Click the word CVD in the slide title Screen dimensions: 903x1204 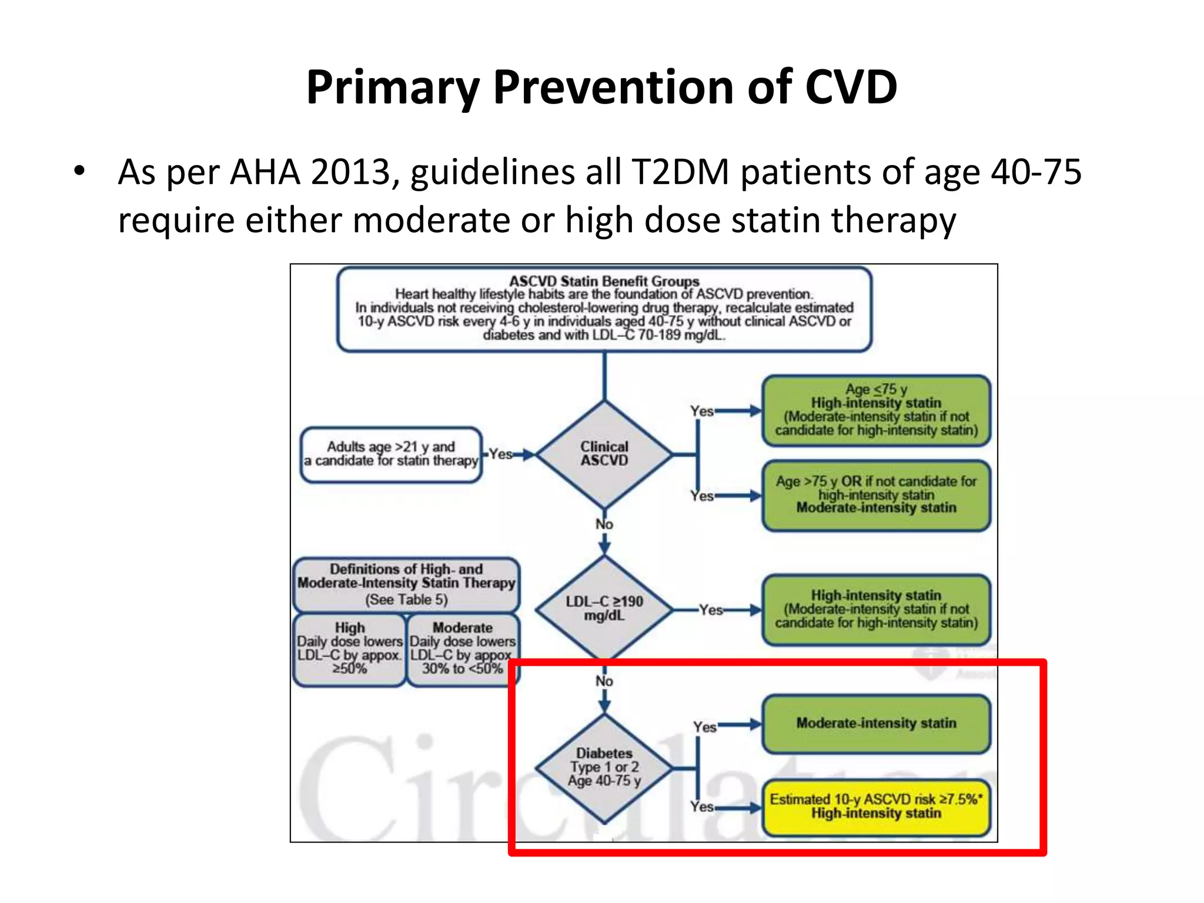pos(851,87)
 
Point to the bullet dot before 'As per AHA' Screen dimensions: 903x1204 pos(79,172)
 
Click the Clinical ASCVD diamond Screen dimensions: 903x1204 pos(604,454)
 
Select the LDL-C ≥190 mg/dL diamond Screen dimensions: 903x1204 pos(604,608)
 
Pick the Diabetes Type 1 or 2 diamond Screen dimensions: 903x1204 pos(604,767)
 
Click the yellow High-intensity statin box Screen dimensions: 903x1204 pos(876,807)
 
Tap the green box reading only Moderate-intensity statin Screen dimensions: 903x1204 pos(876,723)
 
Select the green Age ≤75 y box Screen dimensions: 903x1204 pos(876,410)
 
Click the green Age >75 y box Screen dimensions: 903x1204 pos(876,494)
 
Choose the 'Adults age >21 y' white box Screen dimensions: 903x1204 pos(391,454)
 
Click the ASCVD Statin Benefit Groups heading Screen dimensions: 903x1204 pos(604,281)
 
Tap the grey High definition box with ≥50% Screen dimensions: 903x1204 pos(349,649)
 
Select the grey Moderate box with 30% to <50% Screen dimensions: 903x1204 pos(463,649)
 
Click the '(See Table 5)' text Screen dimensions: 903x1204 pos(406,600)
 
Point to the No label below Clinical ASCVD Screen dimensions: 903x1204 pos(604,524)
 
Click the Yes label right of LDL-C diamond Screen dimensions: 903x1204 pos(711,610)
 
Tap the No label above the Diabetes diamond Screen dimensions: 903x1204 pos(604,681)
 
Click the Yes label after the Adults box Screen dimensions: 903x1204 pos(501,454)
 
